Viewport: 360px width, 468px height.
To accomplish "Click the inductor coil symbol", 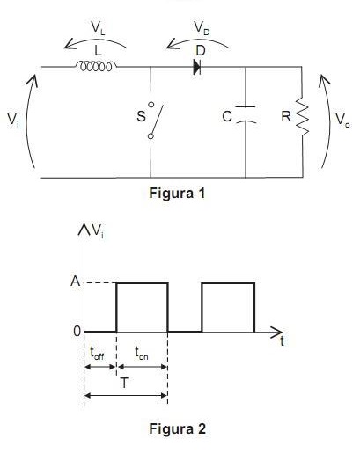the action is pos(96,66).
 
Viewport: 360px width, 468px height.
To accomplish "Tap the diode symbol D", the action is pos(197,67).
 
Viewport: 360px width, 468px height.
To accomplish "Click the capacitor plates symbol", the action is pos(246,114).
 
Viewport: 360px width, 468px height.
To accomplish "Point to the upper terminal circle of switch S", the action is pos(151,105).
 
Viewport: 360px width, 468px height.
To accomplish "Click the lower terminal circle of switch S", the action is pos(151,136).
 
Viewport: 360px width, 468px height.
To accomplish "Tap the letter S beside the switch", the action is pos(142,116).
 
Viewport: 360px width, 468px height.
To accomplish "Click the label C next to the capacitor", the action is pos(227,116).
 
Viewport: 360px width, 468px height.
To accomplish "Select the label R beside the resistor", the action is pos(286,116).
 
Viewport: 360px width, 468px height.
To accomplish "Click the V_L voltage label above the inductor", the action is pos(98,28).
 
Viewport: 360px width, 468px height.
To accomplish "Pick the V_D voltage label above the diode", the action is pos(202,28).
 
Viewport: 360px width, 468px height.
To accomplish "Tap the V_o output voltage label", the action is pos(342,120).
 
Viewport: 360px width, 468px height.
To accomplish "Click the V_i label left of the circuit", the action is pos(13,120).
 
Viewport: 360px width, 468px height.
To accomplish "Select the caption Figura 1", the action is pos(177,193).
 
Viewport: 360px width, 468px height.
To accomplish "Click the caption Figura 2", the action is pos(178,429).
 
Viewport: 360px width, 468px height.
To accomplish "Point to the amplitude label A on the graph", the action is pos(76,281).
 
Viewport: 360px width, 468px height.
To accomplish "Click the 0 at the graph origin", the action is pos(77,332).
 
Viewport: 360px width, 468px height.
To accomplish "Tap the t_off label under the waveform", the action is pos(97,353).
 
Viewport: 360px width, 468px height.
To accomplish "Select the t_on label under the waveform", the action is pos(142,353).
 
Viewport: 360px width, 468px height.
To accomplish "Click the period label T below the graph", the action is pos(124,383).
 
